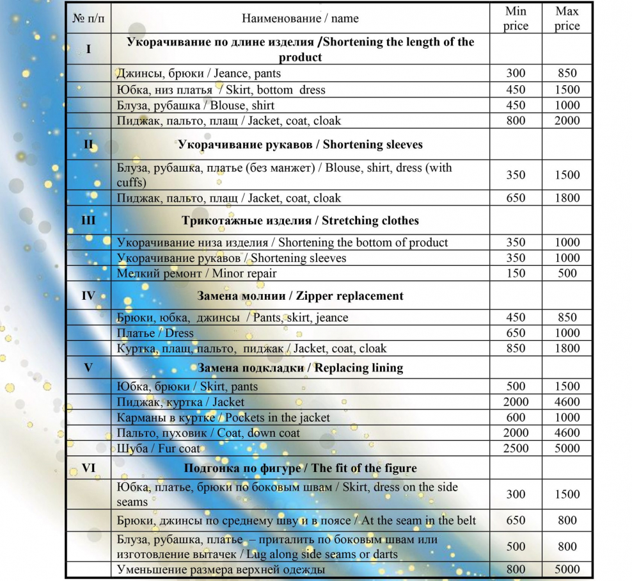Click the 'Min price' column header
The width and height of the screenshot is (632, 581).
click(x=516, y=19)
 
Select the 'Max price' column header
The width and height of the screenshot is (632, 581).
click(x=567, y=19)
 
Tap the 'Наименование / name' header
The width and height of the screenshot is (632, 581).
click(x=300, y=19)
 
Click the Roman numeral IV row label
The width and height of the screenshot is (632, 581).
click(x=89, y=296)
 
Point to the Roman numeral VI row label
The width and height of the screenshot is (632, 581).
click(x=89, y=468)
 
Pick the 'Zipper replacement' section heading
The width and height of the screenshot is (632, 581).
click(x=301, y=296)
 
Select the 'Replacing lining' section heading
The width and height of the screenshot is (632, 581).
click(x=300, y=368)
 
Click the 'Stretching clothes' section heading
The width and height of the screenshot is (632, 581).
click(x=300, y=221)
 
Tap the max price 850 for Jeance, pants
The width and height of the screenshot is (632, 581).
click(x=567, y=74)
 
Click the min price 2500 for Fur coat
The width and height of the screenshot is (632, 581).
click(x=516, y=448)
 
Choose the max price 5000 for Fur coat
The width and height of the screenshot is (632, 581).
click(x=567, y=448)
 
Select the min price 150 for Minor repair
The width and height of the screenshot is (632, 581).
click(x=516, y=274)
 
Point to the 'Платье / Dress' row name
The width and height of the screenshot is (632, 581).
click(x=155, y=333)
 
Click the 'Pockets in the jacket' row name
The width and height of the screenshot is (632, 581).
click(x=223, y=418)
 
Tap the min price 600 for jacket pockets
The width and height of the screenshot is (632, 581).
click(x=516, y=418)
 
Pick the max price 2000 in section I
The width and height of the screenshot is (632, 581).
click(x=567, y=120)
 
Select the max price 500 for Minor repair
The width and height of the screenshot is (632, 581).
click(x=567, y=274)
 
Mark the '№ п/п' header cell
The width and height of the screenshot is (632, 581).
click(x=89, y=19)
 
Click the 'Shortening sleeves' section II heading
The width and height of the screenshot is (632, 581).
click(x=300, y=145)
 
